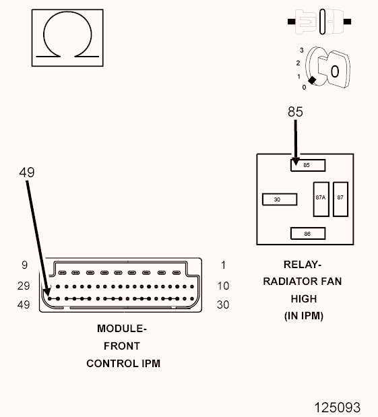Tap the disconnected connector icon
coord(319,22)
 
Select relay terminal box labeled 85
coord(308,165)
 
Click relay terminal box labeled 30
coord(280,199)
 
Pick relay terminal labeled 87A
coord(321,199)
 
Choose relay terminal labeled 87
coord(340,199)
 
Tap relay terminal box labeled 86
coord(308,234)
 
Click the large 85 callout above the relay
coord(295,112)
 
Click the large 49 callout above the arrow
coord(26,172)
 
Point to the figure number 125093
coord(338,407)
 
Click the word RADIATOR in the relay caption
coord(288,282)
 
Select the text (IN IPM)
coord(304,316)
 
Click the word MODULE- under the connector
coord(122,329)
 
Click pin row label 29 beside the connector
coord(24,286)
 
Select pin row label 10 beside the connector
coord(223,286)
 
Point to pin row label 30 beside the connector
coord(223,304)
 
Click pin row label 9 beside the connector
coord(24,265)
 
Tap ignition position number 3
coord(302,50)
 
